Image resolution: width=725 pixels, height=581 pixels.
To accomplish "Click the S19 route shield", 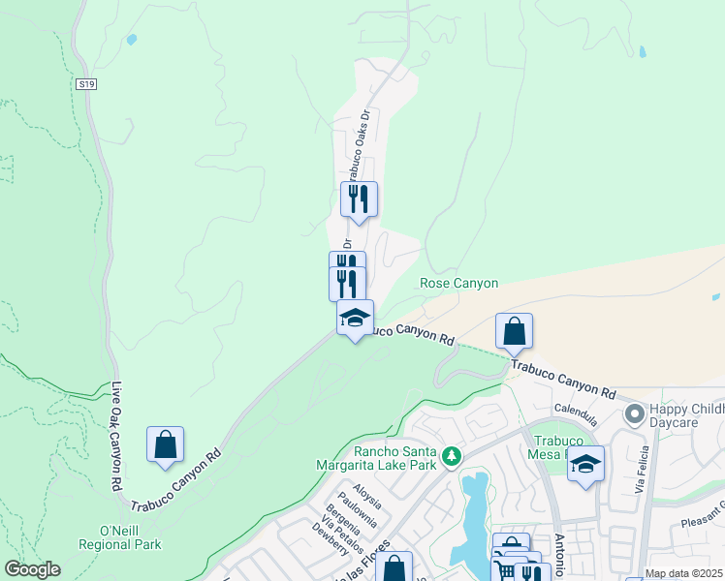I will pyautogui.click(x=86, y=85).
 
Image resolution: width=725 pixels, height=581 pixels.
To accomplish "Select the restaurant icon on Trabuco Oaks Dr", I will pyautogui.click(x=359, y=199).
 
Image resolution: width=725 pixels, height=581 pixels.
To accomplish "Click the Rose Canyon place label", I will pyautogui.click(x=458, y=284).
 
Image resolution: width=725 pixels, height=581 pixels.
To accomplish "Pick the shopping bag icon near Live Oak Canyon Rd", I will pyautogui.click(x=166, y=444).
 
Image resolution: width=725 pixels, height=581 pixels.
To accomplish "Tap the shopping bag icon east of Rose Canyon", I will pyautogui.click(x=514, y=331).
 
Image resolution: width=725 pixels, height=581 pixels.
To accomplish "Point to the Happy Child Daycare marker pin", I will pyautogui.click(x=636, y=414).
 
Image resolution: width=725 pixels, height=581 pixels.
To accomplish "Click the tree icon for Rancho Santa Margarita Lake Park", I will pyautogui.click(x=450, y=455).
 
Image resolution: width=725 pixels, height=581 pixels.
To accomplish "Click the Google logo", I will pyautogui.click(x=32, y=569).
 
